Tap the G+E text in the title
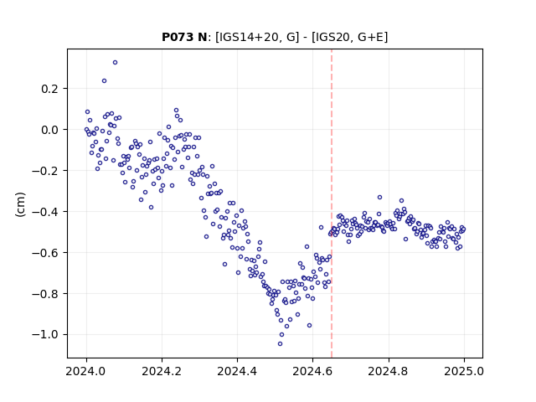pos(370,37)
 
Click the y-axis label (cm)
pos(20,204)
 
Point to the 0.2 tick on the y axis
pos(49,89)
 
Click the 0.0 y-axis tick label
pos(49,130)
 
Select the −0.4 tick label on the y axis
pos(45,212)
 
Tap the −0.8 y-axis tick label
pos(45,294)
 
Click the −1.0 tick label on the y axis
pos(45,335)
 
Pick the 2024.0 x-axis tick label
pos(86,371)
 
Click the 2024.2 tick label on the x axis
pos(162,371)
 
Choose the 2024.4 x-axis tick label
pos(237,371)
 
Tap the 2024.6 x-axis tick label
pos(312,371)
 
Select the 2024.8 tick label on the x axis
pos(389,371)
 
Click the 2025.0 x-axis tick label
pos(464,371)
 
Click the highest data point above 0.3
pos(116,63)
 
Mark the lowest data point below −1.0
pos(280,344)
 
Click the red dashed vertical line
pos(332,204)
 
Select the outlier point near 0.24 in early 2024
pos(104,81)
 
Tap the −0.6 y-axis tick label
pos(45,253)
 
